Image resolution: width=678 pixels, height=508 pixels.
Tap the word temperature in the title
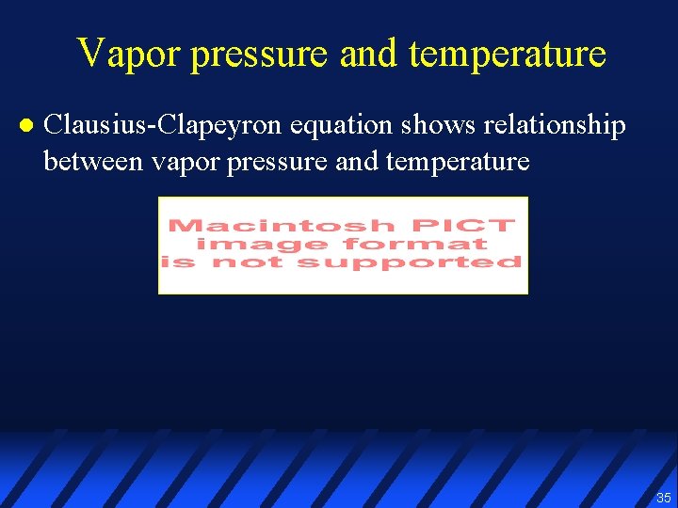(508, 54)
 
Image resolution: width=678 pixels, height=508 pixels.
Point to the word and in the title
(371, 54)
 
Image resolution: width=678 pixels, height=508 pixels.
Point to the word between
(90, 161)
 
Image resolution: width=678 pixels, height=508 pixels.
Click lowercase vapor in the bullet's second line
(177, 161)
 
